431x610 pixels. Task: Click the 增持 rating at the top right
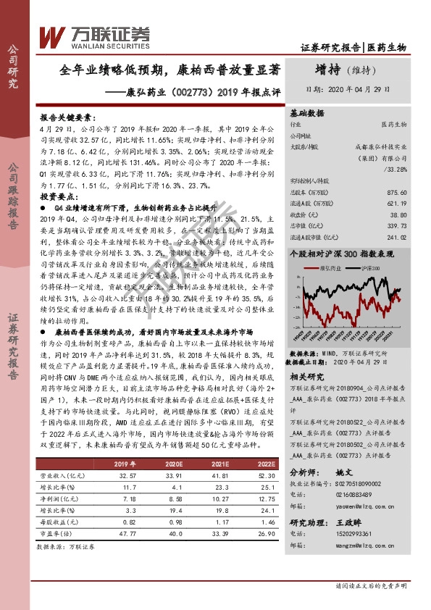(332, 70)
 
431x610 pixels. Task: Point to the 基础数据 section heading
(307, 114)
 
